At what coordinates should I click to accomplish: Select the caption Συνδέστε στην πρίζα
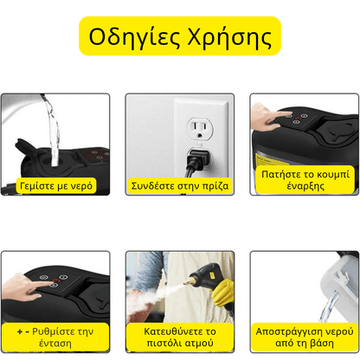pos(179,186)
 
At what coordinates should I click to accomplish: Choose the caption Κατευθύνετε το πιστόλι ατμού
pos(179,337)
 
